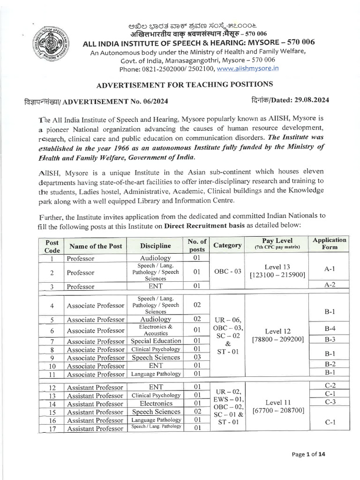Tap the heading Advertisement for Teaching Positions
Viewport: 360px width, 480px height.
click(x=184, y=84)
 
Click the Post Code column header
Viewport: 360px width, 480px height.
click(x=52, y=246)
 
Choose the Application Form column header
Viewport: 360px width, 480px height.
click(x=329, y=243)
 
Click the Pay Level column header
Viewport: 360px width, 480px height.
click(x=277, y=243)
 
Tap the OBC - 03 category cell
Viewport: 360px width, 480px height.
click(x=227, y=272)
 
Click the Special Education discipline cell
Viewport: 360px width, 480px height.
click(x=156, y=341)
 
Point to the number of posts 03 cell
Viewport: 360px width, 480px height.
click(x=197, y=357)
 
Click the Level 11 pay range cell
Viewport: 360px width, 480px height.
click(x=280, y=406)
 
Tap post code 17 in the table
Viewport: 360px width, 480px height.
click(x=52, y=428)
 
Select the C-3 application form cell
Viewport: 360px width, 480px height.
click(x=330, y=402)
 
